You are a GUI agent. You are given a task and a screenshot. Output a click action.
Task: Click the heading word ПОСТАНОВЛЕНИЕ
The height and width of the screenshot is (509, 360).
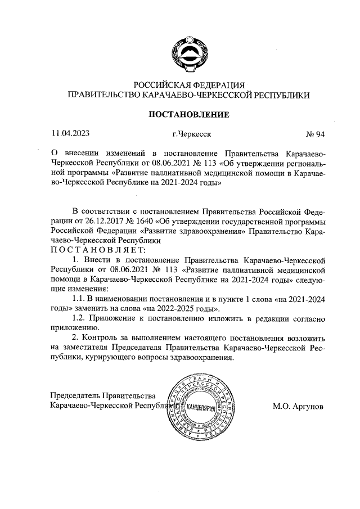point(188,115)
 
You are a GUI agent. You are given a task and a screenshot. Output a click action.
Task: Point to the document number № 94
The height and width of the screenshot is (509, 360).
point(315,134)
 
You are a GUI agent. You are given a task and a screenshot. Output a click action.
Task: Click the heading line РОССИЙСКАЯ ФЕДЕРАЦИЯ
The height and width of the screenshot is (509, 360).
point(188,84)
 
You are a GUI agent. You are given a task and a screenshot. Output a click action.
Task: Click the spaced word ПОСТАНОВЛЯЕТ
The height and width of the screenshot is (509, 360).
point(98,249)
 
